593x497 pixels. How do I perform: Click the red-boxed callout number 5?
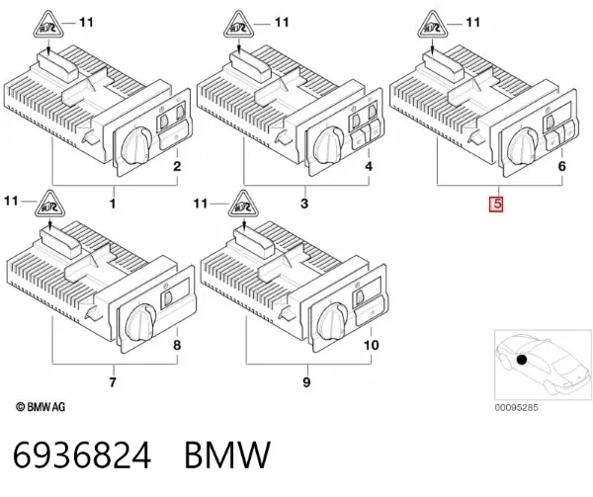pos(496,204)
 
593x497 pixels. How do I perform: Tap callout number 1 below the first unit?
pos(113,205)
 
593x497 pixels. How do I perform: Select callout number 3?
pos(304,204)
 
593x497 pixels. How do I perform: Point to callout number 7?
pos(113,382)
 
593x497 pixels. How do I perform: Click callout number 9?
pos(306,382)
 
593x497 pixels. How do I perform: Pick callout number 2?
pos(177,166)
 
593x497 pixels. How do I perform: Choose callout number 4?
pos(369,166)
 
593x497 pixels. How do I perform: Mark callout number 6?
pos(562,166)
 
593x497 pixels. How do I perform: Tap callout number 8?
pos(177,345)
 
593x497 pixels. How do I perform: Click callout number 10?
pos(371,345)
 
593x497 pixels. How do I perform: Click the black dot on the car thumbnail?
pos(522,360)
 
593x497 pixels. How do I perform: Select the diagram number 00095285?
pos(516,407)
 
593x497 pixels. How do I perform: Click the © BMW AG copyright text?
pos(41,407)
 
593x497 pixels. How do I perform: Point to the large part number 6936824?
pos(82,456)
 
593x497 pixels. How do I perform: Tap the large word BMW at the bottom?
pos(227,456)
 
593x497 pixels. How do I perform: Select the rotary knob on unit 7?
pos(140,323)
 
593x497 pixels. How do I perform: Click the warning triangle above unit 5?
pos(433,25)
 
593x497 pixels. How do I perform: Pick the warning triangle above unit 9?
pos(243,205)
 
